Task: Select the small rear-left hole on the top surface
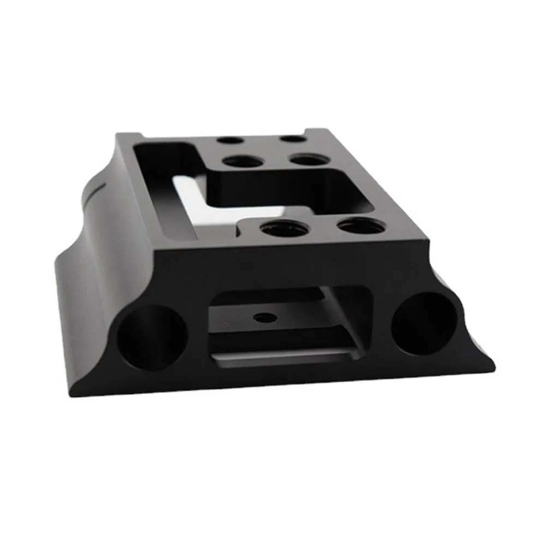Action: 230,140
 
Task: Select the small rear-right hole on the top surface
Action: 293,139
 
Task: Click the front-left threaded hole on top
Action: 283,229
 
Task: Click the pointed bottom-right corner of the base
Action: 494,371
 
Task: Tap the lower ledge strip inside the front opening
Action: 284,358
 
